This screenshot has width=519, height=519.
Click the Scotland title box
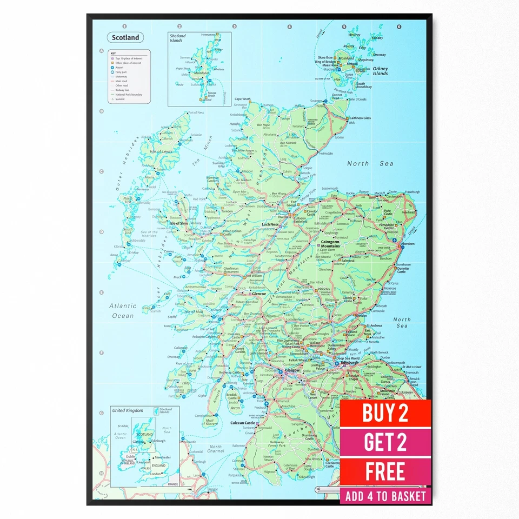[x=125, y=38]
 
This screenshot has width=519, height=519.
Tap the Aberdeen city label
[x=408, y=244]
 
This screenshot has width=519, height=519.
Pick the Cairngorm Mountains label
[x=330, y=243]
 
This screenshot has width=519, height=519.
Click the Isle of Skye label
[x=178, y=223]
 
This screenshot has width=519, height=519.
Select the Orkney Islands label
[x=380, y=71]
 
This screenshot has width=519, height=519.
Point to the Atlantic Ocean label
[x=123, y=310]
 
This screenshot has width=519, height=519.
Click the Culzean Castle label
[x=242, y=423]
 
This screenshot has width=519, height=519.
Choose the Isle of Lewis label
[x=161, y=151]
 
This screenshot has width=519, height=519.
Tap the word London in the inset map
[x=156, y=474]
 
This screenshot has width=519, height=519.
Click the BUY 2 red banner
[x=385, y=414]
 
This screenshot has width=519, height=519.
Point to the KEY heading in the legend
[x=114, y=53]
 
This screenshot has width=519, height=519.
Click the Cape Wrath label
[x=242, y=99]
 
